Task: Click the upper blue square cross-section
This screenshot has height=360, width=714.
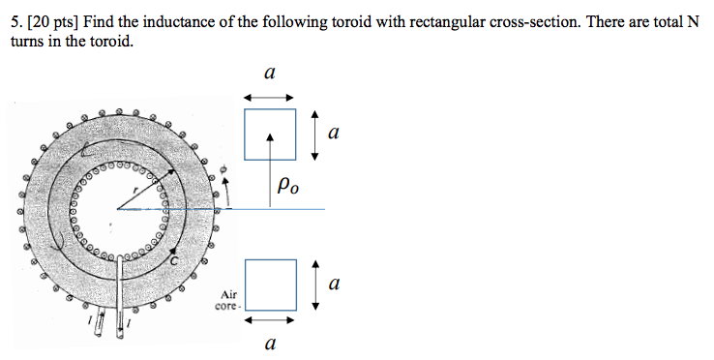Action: pyautogui.click(x=270, y=134)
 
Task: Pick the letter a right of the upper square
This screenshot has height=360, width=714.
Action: pyautogui.click(x=334, y=134)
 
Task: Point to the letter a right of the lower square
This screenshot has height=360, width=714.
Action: pyautogui.click(x=334, y=285)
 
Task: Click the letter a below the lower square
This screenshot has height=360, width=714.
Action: pyautogui.click(x=270, y=343)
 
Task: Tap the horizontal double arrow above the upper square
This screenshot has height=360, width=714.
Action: pyautogui.click(x=269, y=96)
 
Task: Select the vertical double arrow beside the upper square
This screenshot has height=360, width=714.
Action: pyautogui.click(x=314, y=135)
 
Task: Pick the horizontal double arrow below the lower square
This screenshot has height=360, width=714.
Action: pyautogui.click(x=269, y=318)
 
